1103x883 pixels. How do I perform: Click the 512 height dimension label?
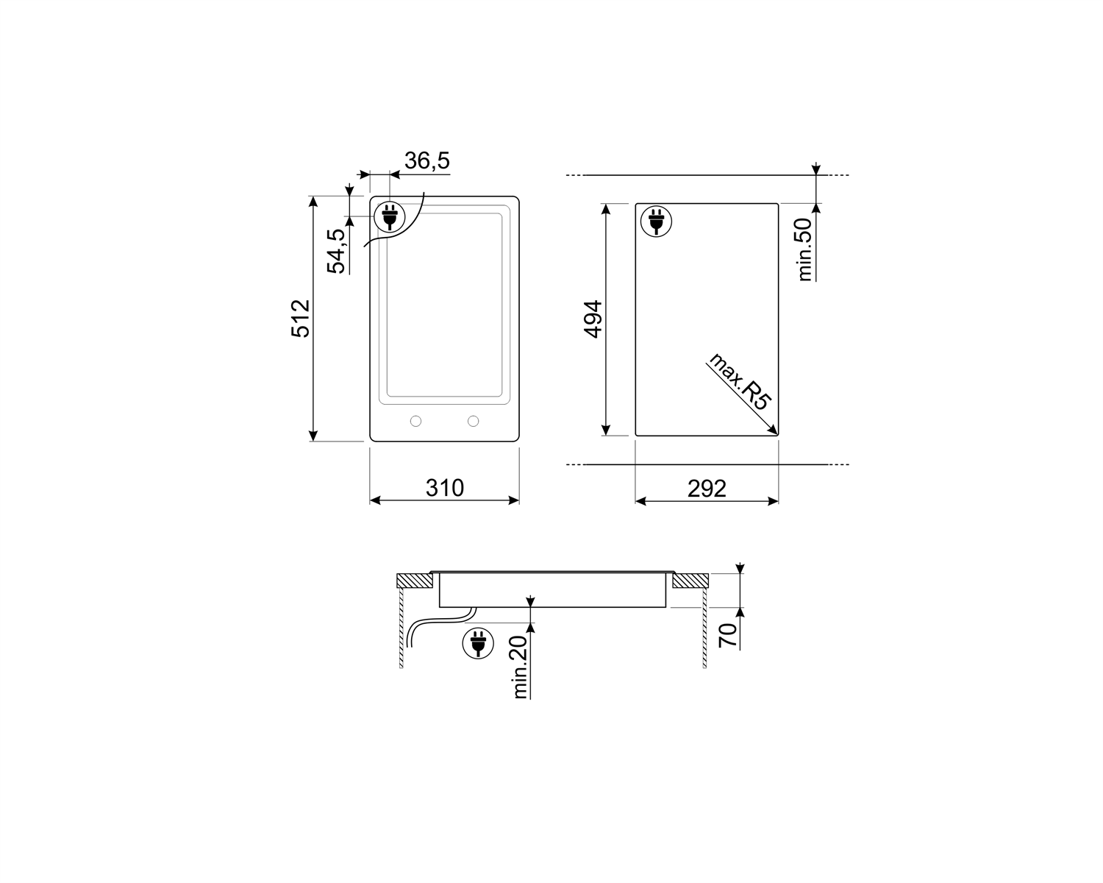(x=301, y=319)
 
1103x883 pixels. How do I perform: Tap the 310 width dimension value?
(x=444, y=488)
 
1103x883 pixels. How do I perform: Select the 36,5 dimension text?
(x=427, y=160)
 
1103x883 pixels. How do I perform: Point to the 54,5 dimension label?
(x=336, y=251)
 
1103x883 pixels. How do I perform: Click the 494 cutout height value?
(x=593, y=319)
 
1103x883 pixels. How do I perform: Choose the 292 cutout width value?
(x=707, y=489)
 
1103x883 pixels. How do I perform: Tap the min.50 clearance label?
(x=805, y=249)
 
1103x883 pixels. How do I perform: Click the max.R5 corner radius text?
(x=739, y=381)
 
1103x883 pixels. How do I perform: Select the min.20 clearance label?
(x=520, y=667)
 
